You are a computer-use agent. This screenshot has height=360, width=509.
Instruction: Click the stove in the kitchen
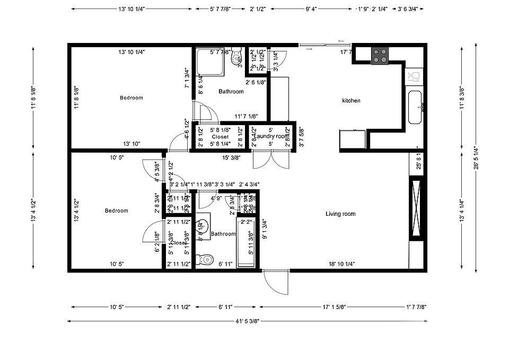(380, 55)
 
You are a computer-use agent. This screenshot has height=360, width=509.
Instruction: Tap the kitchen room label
(351, 101)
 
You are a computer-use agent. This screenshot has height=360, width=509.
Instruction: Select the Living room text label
(340, 214)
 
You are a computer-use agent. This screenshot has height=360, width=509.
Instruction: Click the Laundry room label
(271, 137)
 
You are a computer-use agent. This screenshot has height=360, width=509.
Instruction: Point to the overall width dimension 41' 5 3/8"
(248, 321)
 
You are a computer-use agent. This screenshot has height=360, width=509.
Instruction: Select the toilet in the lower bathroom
(204, 260)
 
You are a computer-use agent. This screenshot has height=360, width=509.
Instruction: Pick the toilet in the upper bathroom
(236, 58)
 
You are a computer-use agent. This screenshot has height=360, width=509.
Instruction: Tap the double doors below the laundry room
(271, 160)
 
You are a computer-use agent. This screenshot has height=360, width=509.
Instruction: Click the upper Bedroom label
(131, 98)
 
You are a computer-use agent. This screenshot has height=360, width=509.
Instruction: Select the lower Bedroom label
(116, 211)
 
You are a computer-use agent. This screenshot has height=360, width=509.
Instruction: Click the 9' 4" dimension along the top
(311, 9)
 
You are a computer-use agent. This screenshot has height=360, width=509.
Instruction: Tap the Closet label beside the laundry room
(220, 137)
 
